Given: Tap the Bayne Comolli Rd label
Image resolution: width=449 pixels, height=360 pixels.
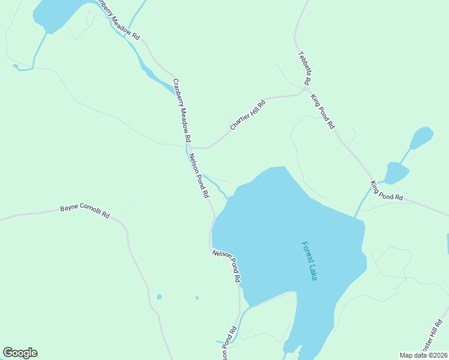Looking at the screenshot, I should coord(85,212).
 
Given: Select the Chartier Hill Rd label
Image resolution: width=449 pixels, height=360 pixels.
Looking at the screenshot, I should coord(247,115).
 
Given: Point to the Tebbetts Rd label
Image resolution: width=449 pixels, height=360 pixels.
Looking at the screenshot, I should coord(304,67).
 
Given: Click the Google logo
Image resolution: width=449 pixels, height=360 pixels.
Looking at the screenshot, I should coord(20,353).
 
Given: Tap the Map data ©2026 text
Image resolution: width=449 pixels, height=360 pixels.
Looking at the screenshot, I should coord(423,355).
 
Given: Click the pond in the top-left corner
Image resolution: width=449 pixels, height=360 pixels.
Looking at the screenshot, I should coord(57,13).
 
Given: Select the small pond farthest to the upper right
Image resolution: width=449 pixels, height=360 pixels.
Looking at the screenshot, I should coord(421,138).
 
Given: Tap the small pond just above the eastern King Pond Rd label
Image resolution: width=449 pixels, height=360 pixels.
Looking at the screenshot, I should coord(396,173).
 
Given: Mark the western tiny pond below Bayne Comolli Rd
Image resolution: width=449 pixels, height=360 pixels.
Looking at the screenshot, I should coord(158,296).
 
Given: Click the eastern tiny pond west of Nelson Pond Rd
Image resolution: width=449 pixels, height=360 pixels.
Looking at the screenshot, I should coord(197,298).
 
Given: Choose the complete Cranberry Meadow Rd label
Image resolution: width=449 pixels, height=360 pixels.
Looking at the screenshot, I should coord(182,110).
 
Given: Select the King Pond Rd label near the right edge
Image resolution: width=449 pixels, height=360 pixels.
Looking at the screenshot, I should coord(387,191).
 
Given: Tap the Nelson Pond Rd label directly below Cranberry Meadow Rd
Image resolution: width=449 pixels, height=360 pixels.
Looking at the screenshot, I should coord(199,176).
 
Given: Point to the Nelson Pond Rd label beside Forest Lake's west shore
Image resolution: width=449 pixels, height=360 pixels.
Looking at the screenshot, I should coord(226,266).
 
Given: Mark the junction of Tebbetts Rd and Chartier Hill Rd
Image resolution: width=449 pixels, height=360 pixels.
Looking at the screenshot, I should coord(306,90).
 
